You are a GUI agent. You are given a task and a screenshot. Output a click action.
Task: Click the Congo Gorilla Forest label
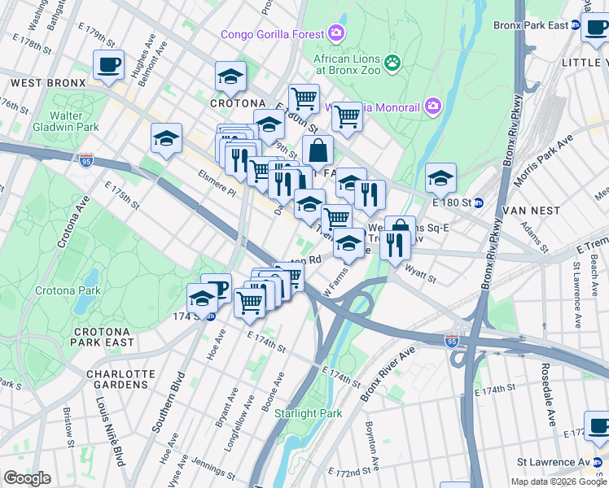[x=273, y=34]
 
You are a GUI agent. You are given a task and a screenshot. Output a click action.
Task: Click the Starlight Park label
[x=308, y=413]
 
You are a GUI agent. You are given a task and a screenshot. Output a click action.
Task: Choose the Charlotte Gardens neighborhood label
[x=120, y=381]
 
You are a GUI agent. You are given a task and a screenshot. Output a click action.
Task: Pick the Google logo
[x=27, y=478]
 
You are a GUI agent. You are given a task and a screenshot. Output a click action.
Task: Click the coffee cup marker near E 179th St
[x=108, y=65]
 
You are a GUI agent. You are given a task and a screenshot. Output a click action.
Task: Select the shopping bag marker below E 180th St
[x=318, y=150]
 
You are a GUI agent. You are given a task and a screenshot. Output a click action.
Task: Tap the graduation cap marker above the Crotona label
[x=230, y=76]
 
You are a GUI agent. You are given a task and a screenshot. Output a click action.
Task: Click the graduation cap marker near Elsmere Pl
[x=166, y=137]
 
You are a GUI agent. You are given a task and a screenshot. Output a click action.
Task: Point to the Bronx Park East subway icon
[x=575, y=25]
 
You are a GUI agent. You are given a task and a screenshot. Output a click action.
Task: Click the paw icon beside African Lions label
[x=392, y=62]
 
